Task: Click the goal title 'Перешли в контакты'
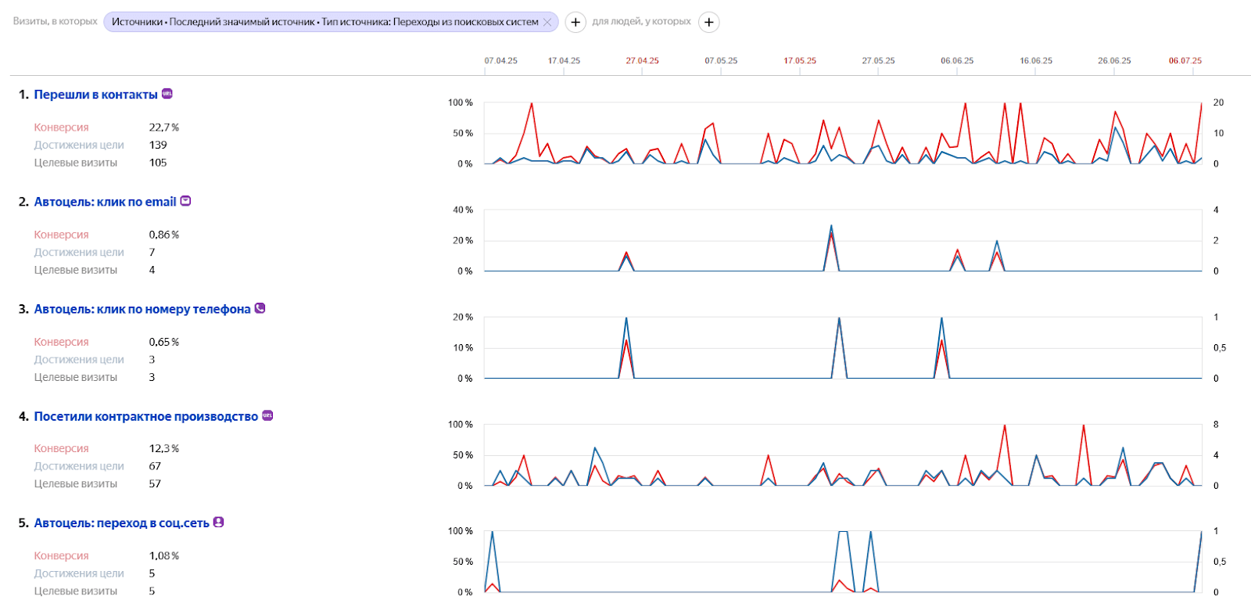click(x=95, y=95)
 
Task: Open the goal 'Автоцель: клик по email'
click(x=105, y=202)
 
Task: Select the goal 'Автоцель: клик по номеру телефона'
click(x=142, y=309)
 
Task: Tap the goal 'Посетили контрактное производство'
click(x=145, y=416)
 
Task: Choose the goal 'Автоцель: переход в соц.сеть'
click(x=121, y=523)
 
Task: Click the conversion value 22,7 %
click(x=164, y=128)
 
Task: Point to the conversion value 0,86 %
click(x=164, y=235)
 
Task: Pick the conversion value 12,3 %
click(x=164, y=449)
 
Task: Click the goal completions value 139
click(x=158, y=145)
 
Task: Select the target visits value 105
click(x=158, y=163)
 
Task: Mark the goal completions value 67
click(x=155, y=466)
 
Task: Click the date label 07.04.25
click(x=500, y=61)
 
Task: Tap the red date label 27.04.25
click(x=642, y=61)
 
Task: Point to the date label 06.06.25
click(x=957, y=61)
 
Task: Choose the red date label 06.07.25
click(x=1185, y=61)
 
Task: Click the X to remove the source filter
click(x=547, y=22)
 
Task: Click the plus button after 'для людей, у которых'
click(x=708, y=22)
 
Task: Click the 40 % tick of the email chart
click(x=463, y=210)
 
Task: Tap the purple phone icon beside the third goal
click(x=260, y=308)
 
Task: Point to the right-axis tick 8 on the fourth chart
click(x=1216, y=425)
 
